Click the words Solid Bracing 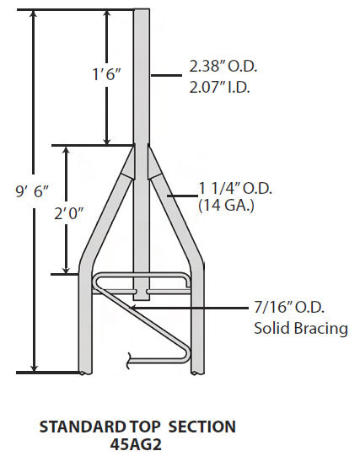click(300, 328)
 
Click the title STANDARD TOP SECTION click(137, 427)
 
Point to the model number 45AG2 click(137, 443)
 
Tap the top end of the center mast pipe click(142, 13)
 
